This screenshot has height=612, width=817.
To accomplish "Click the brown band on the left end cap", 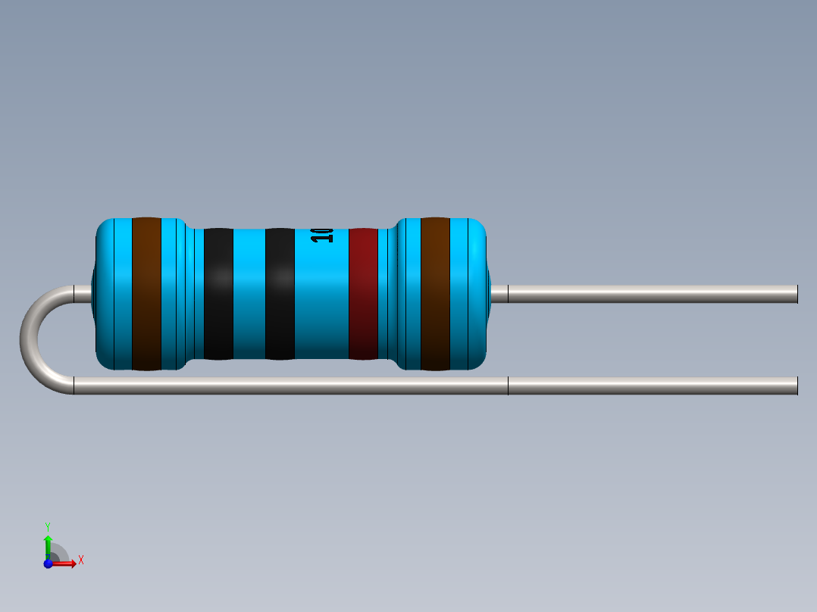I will [x=146, y=294].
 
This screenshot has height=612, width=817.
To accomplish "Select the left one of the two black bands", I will [x=218, y=294].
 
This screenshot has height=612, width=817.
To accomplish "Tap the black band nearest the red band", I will [x=280, y=294].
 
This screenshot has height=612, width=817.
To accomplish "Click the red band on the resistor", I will [x=363, y=294].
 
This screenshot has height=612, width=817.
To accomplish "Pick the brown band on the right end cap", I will [x=435, y=294].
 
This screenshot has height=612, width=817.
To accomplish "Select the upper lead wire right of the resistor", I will [x=652, y=294].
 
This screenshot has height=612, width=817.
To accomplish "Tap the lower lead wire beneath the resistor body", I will [x=288, y=386].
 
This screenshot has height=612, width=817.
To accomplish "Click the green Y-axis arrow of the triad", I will [x=48, y=544].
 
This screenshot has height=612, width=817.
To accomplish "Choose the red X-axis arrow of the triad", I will [x=67, y=563].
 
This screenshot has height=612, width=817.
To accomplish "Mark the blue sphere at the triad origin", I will [x=48, y=563].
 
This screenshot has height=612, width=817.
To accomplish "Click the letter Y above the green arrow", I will [x=48, y=526].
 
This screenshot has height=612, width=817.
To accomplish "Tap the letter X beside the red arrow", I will [x=80, y=560].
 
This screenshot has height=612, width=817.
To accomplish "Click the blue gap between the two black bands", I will [x=249, y=294].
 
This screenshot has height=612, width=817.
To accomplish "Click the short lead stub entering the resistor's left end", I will [x=82, y=294].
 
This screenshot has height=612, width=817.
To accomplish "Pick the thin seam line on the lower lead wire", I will [x=508, y=386].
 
